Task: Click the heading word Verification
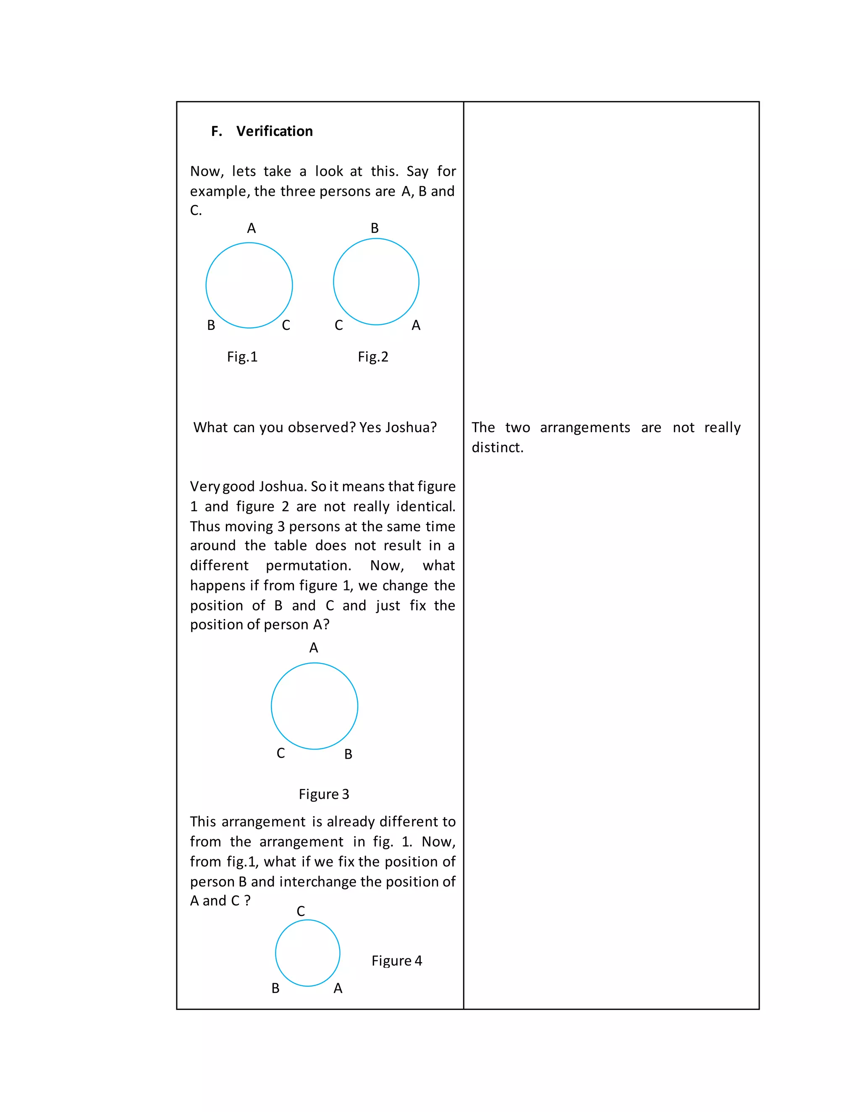tap(274, 131)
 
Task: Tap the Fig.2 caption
tap(372, 357)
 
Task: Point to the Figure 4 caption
tap(396, 961)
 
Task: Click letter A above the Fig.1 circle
tap(251, 229)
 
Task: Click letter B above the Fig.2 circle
tap(375, 229)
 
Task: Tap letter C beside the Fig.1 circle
tap(286, 325)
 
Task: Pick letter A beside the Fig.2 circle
tap(416, 325)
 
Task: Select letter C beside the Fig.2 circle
tap(339, 325)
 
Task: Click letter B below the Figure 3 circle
tap(348, 754)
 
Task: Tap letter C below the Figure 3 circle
tap(281, 753)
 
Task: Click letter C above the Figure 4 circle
tap(301, 911)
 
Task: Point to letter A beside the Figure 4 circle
tap(338, 988)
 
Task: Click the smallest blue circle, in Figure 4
tap(307, 953)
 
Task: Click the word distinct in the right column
tap(497, 448)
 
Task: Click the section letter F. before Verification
tap(217, 131)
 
